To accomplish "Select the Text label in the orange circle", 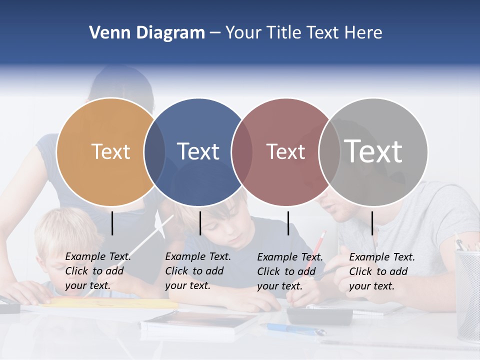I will pos(111,151).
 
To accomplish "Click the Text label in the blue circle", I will pos(198,151).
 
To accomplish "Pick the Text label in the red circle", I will pos(285,151).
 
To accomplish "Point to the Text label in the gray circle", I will pos(373,151).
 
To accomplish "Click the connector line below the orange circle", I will pos(112,223).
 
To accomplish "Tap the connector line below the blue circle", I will pos(200,223).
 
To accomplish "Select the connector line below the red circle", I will pos(288,223).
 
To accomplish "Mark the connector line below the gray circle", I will pos(372,223).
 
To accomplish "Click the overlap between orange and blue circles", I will pos(154,152).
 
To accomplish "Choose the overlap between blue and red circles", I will pos(241,152).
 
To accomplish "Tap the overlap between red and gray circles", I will pos(329,152).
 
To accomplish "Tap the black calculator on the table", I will pos(319,315).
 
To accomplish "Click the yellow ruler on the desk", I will pos(110,302).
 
